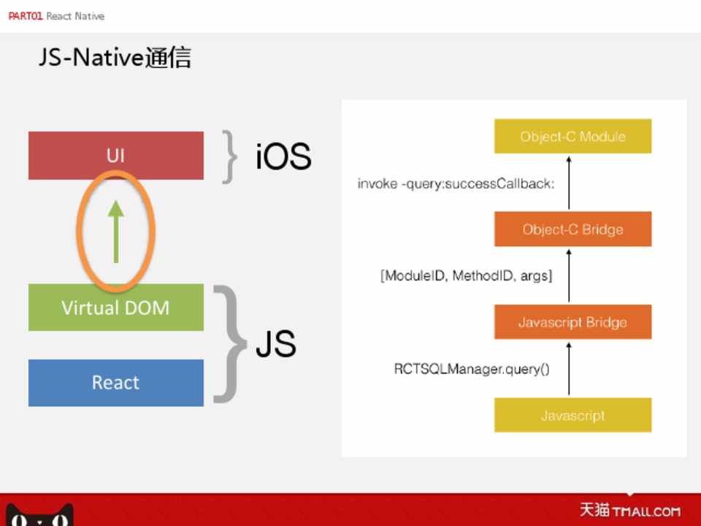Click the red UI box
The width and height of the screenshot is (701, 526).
115,156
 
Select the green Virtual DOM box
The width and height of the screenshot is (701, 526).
115,307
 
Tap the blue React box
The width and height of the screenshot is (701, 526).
115,382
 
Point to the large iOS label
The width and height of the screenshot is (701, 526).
283,156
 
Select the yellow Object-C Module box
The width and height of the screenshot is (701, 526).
572,137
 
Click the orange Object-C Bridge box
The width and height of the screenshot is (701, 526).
572,229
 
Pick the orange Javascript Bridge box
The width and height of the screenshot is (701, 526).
572,322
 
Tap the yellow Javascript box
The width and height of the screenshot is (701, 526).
572,415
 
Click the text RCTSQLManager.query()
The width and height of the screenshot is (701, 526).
472,369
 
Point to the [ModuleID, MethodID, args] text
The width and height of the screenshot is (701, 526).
466,276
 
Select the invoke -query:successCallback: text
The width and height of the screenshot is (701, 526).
456,183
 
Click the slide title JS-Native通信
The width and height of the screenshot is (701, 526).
115,58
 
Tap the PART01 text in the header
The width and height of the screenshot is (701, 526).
25,16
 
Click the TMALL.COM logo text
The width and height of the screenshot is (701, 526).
646,511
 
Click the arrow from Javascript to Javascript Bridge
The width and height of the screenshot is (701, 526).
569,368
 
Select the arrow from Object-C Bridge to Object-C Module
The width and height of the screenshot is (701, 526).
569,183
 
